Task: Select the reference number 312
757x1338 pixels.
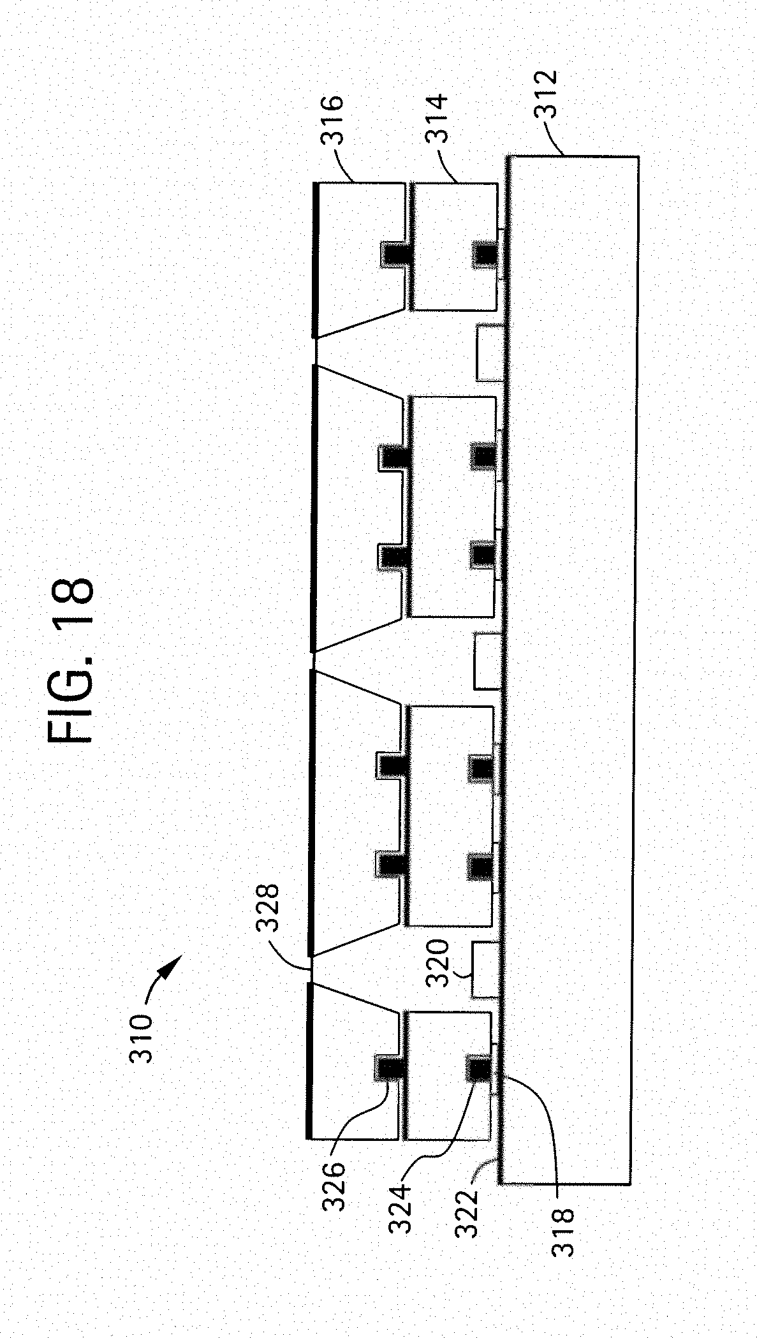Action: click(x=545, y=94)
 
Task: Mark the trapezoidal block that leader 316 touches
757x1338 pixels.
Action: click(x=360, y=260)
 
